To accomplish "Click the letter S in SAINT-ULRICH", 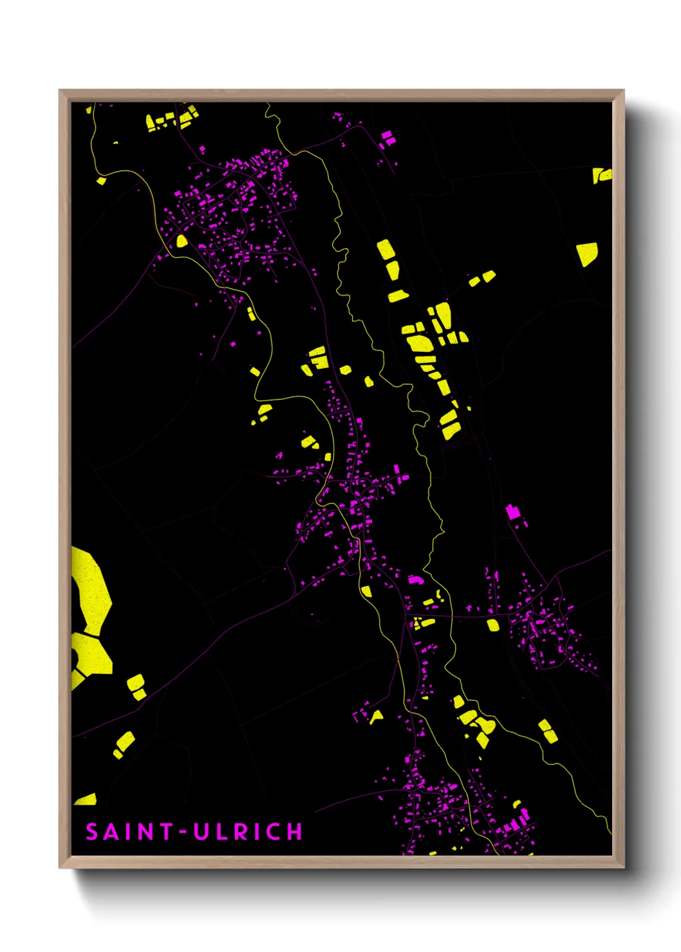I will coord(92,832).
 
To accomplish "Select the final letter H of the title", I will coord(295,832).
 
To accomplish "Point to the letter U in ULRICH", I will coord(201,832).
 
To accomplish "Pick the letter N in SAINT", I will coord(145,832).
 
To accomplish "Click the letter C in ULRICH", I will coord(273,832).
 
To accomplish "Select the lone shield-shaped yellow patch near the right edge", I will coord(587,253).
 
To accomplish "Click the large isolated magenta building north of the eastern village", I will coord(513,512).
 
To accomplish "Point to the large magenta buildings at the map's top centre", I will coord(387,138).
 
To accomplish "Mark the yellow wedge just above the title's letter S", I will coord(86,800).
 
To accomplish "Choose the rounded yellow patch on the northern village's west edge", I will coord(182,241).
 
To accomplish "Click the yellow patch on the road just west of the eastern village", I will coord(492,625).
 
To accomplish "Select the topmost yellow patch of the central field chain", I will coord(386,249).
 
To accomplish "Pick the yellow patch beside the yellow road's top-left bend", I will coord(101,181).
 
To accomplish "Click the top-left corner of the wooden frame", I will coord(60,91).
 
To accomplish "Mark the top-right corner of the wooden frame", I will coord(623,91).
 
